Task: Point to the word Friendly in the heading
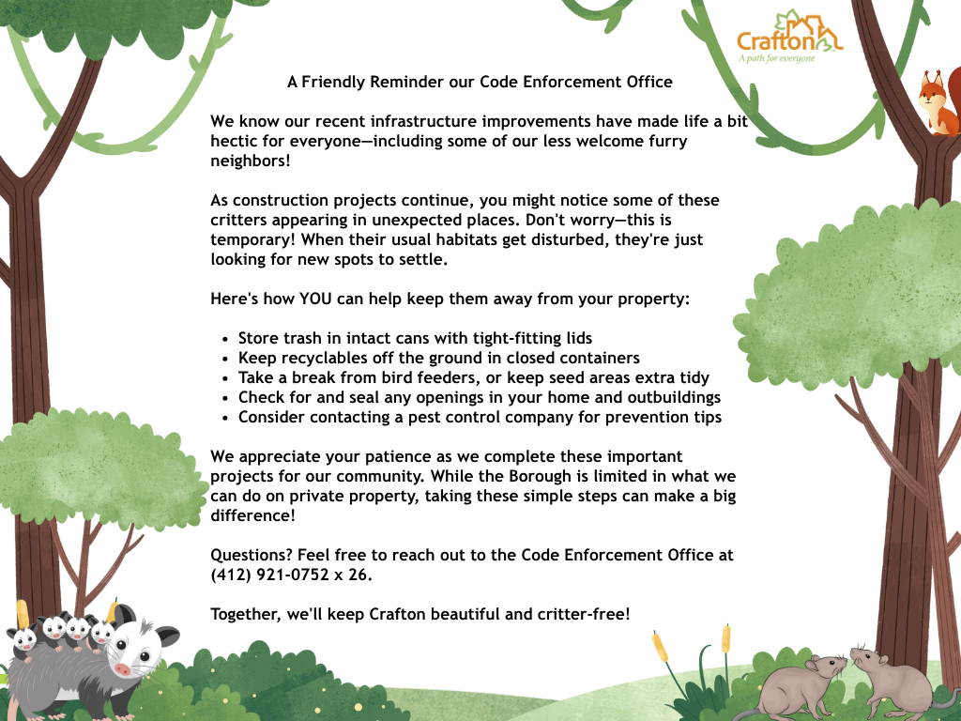[334, 82]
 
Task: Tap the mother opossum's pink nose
[124, 669]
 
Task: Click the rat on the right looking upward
[892, 685]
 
